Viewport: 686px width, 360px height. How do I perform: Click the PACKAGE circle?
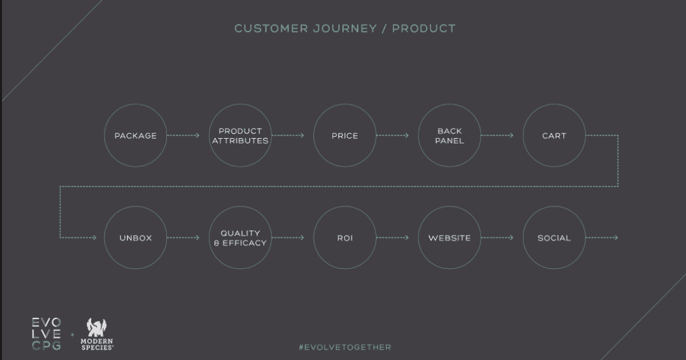(135, 104)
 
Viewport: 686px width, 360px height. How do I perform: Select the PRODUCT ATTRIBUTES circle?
(241, 104)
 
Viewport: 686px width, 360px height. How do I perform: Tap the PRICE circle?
(345, 104)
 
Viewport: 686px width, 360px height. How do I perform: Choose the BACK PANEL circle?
(450, 104)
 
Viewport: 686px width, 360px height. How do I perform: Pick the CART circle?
(554, 104)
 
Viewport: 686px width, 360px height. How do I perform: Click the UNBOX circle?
(135, 206)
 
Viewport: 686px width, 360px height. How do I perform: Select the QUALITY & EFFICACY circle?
(241, 206)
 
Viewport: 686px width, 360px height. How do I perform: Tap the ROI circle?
(345, 206)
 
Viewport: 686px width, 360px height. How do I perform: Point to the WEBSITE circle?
(450, 206)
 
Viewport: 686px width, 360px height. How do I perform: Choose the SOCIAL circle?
(554, 206)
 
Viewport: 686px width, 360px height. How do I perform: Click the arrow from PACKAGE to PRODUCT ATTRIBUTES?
(183, 135)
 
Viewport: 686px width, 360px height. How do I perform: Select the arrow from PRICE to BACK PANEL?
(393, 135)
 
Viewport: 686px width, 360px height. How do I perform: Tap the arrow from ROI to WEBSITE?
(393, 238)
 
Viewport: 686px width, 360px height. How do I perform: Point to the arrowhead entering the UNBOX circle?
(94, 238)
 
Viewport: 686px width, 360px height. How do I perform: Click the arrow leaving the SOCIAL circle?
(602, 238)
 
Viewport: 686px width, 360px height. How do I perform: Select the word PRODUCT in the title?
(423, 28)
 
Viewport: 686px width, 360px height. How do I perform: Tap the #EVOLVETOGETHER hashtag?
(345, 347)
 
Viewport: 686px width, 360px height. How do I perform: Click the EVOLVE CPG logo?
(46, 334)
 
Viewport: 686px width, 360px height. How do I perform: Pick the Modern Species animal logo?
(96, 328)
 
